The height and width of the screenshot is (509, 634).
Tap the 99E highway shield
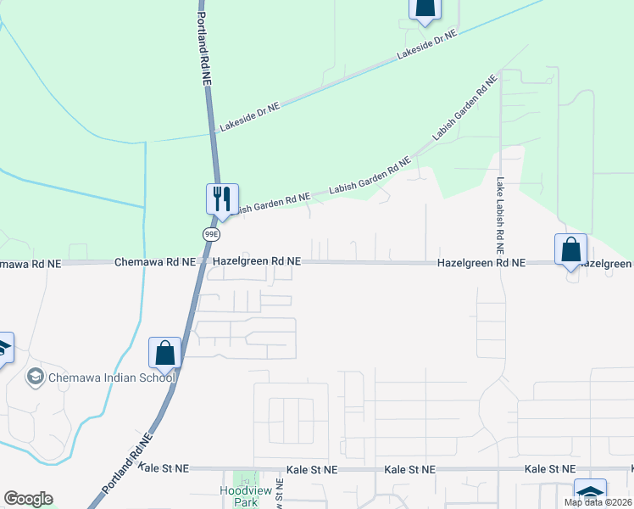[x=211, y=233]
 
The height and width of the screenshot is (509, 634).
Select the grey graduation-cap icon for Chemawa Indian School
[x=36, y=376]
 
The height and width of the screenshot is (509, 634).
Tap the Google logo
[x=28, y=499]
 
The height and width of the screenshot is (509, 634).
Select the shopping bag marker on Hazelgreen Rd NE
[x=570, y=251]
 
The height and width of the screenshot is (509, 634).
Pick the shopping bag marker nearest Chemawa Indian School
[x=164, y=354]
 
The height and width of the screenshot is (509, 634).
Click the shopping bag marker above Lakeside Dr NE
[x=425, y=8]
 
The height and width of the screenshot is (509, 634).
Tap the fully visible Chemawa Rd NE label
[x=155, y=263]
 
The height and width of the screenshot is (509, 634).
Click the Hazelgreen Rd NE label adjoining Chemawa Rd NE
[x=257, y=263]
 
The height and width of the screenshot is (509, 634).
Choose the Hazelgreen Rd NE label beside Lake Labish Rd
[x=481, y=264]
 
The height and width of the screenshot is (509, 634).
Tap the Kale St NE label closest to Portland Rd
[x=164, y=468]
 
